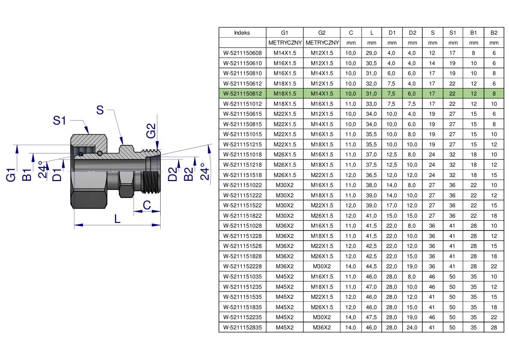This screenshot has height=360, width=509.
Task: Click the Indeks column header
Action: (x=242, y=32)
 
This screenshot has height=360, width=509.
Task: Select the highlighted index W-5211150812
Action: (x=242, y=94)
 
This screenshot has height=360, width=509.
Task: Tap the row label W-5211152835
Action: (x=242, y=327)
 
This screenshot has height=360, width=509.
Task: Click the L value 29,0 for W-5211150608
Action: (x=371, y=53)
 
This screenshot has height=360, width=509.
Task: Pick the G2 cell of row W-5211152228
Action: (x=322, y=266)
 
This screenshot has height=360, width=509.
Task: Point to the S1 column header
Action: (x=453, y=32)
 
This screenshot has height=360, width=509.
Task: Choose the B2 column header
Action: (x=494, y=32)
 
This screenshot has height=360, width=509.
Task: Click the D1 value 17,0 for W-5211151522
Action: (x=391, y=206)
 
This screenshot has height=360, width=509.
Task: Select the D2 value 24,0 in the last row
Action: (x=412, y=327)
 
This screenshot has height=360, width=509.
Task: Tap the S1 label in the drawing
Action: (x=59, y=121)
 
